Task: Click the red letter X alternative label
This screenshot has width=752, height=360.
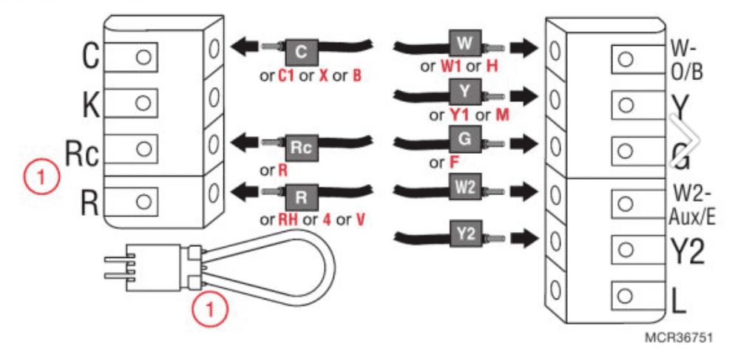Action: coord(323,76)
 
